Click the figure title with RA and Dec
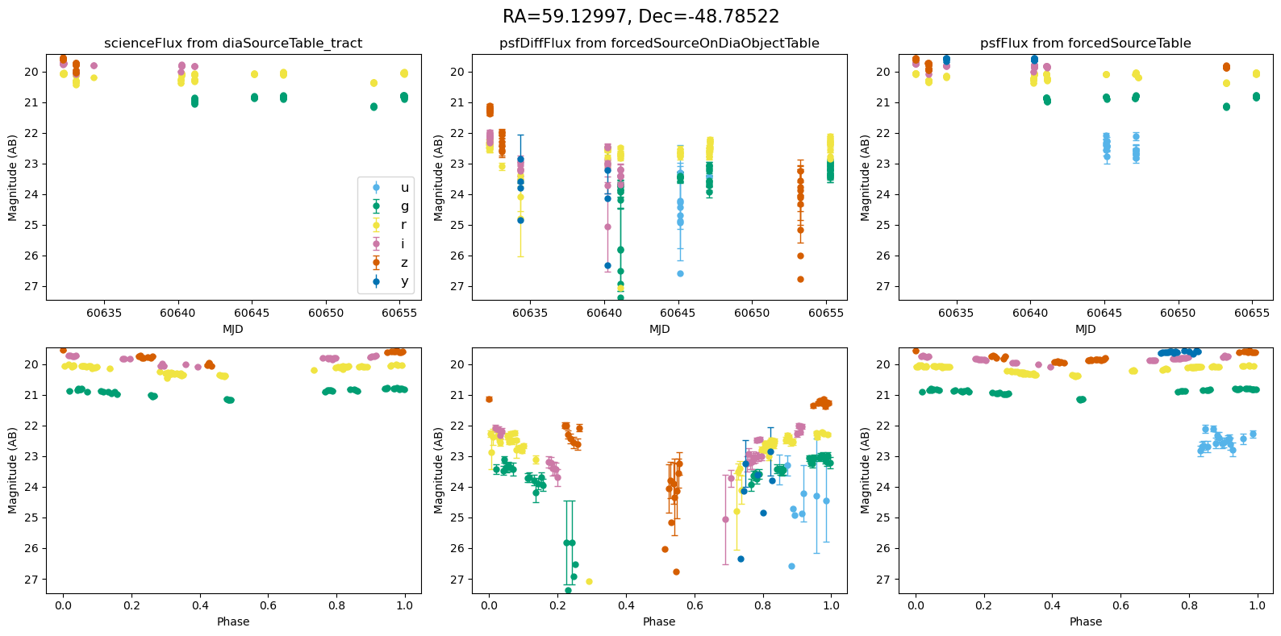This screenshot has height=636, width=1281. (640, 17)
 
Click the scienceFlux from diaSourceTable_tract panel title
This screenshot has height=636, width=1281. (233, 44)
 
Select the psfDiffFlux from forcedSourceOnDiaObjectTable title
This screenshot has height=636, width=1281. (659, 44)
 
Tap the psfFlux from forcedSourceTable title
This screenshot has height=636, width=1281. (1085, 44)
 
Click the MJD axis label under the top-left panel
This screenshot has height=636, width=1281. (233, 329)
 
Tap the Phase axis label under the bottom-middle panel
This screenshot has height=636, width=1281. (659, 621)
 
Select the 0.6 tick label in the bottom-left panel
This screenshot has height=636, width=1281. (268, 605)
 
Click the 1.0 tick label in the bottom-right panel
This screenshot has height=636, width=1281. (1257, 605)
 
